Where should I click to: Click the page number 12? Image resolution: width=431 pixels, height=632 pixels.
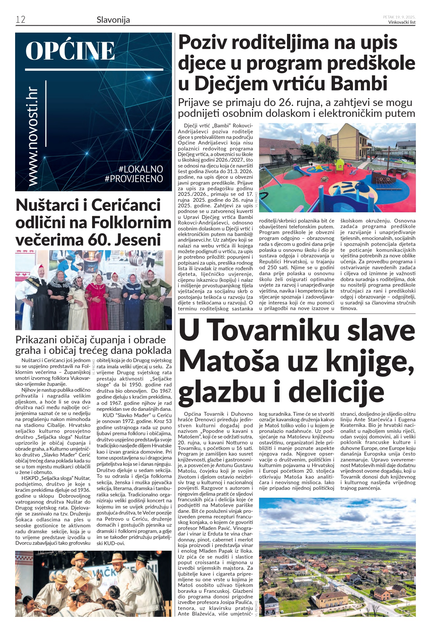20,19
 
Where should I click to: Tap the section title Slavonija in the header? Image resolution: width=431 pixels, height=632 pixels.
113,20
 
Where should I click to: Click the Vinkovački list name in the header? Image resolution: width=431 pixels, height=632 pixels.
401,22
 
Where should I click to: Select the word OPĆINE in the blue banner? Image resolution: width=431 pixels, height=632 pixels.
70,51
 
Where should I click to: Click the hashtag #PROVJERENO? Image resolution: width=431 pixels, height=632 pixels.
134,179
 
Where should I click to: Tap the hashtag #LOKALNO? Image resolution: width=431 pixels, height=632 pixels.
141,169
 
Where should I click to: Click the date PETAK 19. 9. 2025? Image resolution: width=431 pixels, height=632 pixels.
399,17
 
